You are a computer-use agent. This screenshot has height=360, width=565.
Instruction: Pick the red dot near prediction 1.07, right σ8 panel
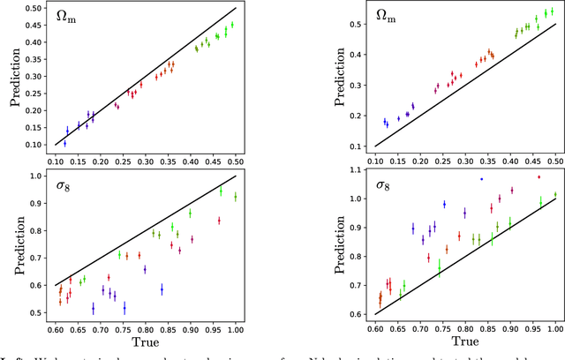(x=539, y=177)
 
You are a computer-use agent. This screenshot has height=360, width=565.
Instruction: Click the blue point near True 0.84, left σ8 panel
(x=162, y=289)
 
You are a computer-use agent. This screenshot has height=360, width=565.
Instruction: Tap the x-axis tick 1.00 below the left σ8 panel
(x=236, y=328)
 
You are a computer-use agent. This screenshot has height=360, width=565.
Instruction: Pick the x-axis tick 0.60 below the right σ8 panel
(x=377, y=328)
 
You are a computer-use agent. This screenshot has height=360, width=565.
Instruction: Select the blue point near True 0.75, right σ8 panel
(x=444, y=204)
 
